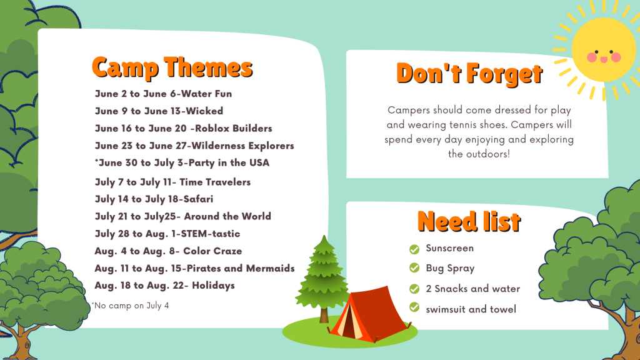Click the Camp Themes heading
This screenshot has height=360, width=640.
pos(172,67)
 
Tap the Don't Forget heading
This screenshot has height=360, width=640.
pos(469,74)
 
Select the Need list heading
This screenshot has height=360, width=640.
pos(469,222)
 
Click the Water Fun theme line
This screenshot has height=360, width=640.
pos(163,94)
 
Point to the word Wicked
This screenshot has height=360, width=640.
pos(204,111)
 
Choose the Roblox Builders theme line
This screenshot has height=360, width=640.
pos(183,128)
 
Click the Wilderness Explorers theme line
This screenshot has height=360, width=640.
pos(194,146)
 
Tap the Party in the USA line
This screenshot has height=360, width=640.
pos(182,163)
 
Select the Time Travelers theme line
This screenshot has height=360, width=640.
pos(172,182)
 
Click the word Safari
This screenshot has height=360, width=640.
pos(198,199)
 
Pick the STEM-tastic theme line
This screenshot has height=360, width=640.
pos(167,234)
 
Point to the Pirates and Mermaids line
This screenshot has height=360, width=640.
pos(195,268)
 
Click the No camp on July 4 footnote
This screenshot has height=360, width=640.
pos(130,305)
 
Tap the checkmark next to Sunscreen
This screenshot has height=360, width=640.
pos(414,249)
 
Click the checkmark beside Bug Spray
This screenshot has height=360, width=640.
pos(414,267)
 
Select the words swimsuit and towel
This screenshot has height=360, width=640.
pos(471,309)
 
